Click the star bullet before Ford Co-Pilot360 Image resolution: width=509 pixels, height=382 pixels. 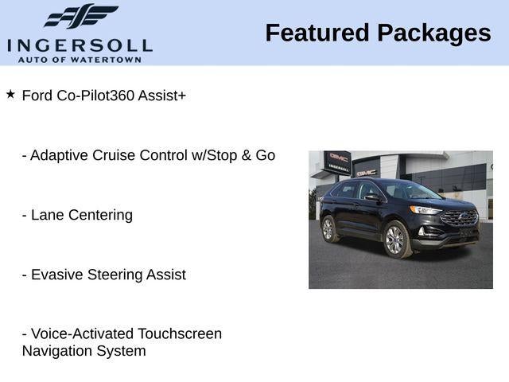coord(10,94)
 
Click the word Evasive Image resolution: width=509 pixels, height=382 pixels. coord(56,275)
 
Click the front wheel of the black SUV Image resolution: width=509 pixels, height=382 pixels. coord(395,240)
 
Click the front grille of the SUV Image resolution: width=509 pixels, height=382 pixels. coord(459,217)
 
